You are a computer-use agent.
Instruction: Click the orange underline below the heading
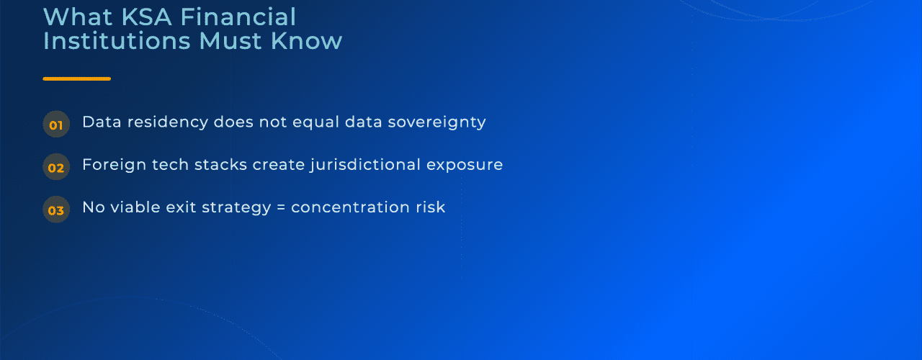click(x=76, y=78)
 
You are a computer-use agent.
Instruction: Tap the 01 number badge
click(x=56, y=125)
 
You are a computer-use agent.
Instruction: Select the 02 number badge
click(x=56, y=168)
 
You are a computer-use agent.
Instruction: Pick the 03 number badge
click(x=56, y=210)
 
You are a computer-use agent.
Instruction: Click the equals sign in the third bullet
click(x=281, y=207)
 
